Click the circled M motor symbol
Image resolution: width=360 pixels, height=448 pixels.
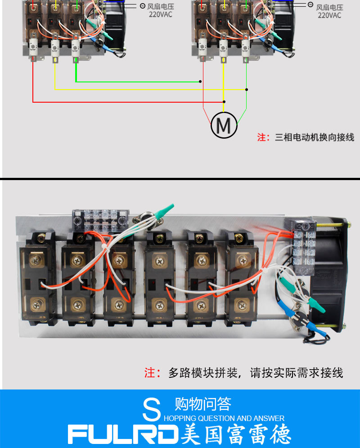coord(224,124)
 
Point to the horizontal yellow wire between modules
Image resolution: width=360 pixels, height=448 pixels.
coord(148,89)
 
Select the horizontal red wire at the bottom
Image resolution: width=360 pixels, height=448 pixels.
coord(126,102)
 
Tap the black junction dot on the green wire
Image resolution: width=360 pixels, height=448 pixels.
coord(200,82)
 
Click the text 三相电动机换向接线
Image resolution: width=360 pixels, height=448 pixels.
coord(314,137)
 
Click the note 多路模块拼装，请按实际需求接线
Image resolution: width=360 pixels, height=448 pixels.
coord(255,373)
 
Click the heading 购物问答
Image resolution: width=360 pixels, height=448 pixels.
coord(202,404)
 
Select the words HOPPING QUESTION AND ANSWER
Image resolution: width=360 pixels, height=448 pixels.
coord(224,418)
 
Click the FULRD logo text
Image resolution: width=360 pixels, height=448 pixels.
coord(123,434)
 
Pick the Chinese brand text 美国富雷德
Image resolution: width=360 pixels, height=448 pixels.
coord(236,434)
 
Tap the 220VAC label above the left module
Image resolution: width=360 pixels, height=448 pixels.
coord(160,14)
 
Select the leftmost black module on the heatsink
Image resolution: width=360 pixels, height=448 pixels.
coord(36,277)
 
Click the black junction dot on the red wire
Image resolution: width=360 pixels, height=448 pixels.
coord(224,102)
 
